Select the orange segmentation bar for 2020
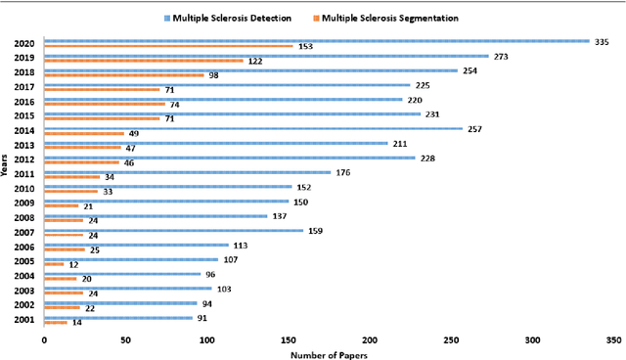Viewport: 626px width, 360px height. coord(168,46)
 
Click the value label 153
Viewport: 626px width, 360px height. coord(306,47)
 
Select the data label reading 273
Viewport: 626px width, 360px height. coord(501,57)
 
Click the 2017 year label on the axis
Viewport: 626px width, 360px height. coord(25,87)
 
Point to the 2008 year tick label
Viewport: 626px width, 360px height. coord(25,218)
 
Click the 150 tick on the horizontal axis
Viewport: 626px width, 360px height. coord(288,338)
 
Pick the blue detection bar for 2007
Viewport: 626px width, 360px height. coord(173,230)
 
